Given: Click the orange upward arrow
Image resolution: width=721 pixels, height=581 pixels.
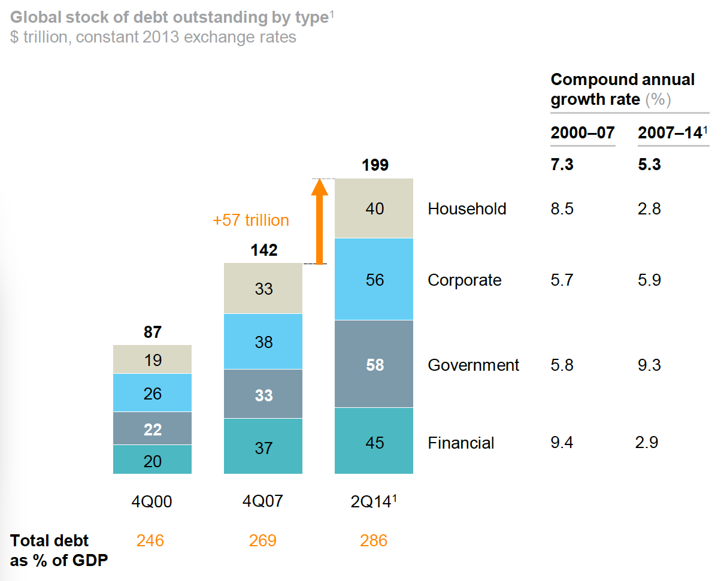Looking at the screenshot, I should [320, 223].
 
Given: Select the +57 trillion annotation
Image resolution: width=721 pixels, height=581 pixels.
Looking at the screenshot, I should [250, 220].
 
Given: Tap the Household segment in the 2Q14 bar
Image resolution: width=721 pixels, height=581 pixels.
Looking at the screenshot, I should [374, 208].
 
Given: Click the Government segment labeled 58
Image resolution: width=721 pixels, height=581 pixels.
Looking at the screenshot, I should [374, 364].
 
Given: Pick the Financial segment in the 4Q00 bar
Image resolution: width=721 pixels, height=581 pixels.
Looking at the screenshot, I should [152, 460].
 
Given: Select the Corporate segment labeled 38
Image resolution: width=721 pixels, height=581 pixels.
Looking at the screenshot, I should [263, 341].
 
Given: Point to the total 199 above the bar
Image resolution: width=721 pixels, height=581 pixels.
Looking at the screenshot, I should [375, 165].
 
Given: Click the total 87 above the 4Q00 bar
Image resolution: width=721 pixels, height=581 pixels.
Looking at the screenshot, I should [153, 332].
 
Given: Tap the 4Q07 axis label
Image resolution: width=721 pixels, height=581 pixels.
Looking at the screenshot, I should [263, 501].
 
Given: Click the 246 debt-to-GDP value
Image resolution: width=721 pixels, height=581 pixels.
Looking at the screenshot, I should [150, 541].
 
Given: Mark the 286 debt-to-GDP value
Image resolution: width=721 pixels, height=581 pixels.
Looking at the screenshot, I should [373, 541].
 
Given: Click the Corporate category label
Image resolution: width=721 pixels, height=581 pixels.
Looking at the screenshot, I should [464, 280].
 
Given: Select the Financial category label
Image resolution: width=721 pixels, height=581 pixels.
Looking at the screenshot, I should [461, 443].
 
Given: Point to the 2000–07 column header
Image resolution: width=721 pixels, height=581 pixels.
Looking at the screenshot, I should [582, 133].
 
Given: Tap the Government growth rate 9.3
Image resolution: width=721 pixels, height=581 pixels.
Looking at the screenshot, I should [649, 365].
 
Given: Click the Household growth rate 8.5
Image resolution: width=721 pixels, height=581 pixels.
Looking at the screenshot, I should [562, 208].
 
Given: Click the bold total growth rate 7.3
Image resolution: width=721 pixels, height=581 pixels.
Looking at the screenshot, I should [562, 165].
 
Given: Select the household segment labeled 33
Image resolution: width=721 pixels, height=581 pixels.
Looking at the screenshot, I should [263, 289].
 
